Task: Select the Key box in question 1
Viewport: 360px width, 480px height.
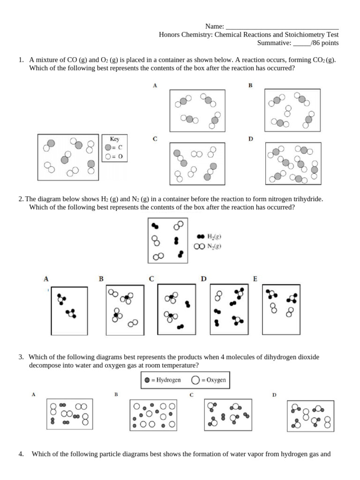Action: [x=114, y=150]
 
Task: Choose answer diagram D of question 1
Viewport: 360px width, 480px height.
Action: [x=293, y=163]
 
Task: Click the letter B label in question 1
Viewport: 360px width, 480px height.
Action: [x=250, y=86]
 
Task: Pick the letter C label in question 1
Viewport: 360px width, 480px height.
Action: [x=155, y=139]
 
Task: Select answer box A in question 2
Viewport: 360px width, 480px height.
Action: [x=69, y=310]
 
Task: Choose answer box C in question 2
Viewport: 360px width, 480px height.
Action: [x=176, y=310]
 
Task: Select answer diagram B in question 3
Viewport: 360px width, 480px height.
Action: [x=153, y=415]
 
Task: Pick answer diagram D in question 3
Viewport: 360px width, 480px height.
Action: [x=310, y=415]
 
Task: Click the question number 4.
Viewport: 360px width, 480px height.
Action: [x=21, y=454]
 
